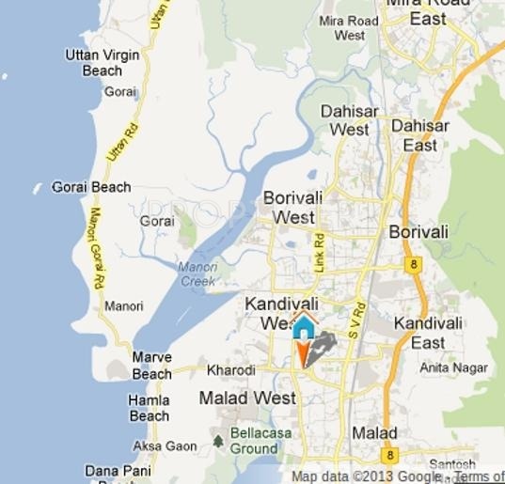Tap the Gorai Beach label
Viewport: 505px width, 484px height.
pos(91,187)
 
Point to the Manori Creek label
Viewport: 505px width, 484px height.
pos(197,273)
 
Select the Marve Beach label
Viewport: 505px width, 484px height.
pos(151,366)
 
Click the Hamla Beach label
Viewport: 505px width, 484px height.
pos(149,408)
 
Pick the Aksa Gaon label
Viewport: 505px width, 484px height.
pos(166,445)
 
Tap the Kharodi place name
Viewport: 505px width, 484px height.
pos(230,370)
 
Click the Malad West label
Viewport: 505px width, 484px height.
pos(247,398)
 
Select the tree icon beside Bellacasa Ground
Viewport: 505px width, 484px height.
pos(219,439)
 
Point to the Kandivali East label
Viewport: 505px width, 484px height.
pos(427,333)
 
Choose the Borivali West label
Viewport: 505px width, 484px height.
pos(295,208)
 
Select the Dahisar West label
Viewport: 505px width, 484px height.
pos(349,119)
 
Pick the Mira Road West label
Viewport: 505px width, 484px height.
pos(349,28)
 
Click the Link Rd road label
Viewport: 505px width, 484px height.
pos(319,253)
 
